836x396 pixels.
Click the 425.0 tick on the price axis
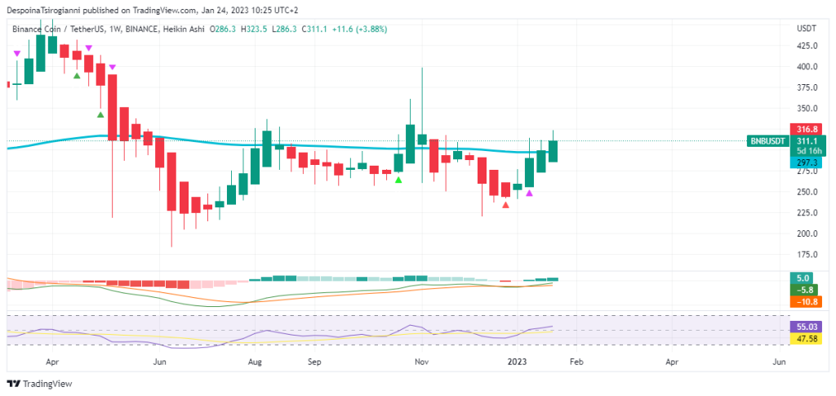pos(807,46)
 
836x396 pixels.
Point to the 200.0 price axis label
pos(807,234)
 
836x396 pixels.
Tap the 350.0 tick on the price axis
pos(807,109)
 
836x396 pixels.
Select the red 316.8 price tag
pos(807,129)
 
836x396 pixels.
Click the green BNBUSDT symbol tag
pos(768,140)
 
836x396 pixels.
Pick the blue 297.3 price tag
pos(807,162)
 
